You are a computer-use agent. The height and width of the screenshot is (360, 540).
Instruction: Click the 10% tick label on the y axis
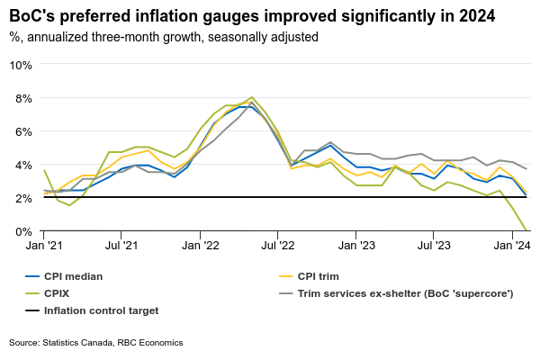coord(21,65)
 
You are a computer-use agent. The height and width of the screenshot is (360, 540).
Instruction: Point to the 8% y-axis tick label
coord(23,98)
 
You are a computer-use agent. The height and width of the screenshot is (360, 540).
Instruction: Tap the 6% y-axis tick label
coord(23,131)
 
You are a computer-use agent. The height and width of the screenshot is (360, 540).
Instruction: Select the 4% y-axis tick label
coord(23,165)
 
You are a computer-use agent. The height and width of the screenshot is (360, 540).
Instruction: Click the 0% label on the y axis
coord(23,231)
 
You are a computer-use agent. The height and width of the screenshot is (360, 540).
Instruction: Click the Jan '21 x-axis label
coord(43,244)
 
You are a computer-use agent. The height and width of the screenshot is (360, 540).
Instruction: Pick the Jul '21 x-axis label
coord(121,244)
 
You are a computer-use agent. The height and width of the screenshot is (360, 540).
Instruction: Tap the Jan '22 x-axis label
coord(200,244)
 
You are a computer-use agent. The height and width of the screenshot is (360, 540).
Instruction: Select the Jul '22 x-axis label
coord(278,244)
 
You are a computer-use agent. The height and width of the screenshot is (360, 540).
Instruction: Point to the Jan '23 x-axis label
coord(356,244)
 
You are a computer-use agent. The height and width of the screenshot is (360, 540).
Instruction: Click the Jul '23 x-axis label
coord(435,244)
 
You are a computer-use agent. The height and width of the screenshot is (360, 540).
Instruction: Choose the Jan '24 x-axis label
coord(511,244)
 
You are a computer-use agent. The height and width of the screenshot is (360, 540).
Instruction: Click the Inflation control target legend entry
coord(99,310)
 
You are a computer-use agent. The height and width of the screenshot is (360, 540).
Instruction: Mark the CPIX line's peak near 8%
coord(252,97)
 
